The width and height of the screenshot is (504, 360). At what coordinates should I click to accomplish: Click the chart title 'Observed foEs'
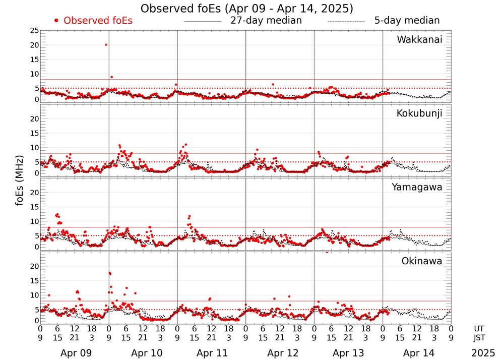(247, 9)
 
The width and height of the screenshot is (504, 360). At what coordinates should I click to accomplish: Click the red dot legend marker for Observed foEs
(56, 21)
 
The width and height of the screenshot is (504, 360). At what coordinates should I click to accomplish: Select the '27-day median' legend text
(266, 21)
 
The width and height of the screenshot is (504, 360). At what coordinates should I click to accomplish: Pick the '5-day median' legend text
(407, 21)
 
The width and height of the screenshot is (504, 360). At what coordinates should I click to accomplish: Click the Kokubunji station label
(419, 113)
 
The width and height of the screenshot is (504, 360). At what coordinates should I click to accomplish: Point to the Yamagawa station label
(417, 187)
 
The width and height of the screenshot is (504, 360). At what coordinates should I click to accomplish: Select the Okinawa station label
(421, 261)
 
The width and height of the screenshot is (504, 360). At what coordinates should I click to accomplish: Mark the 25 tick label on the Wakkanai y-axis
(34, 31)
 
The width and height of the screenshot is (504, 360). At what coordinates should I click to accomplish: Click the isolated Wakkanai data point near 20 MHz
(106, 45)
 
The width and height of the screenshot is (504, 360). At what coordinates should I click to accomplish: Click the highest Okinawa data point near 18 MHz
(109, 273)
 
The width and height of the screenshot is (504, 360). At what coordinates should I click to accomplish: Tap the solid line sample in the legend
(203, 21)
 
